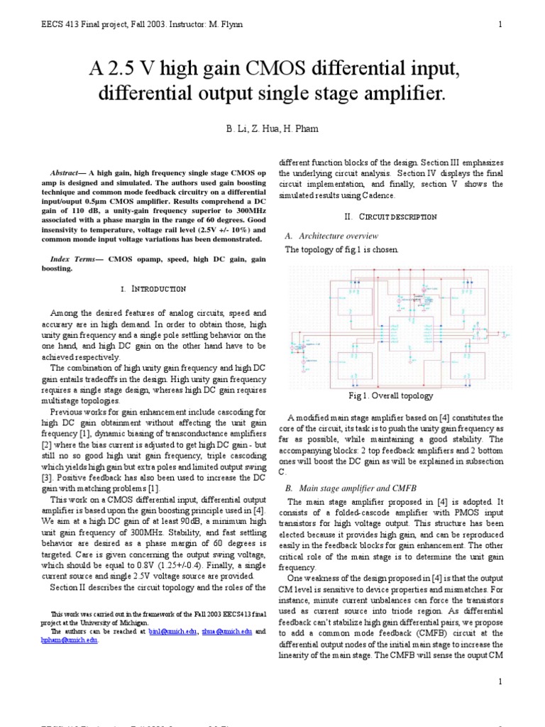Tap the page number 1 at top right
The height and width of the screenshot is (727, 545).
pyautogui.click(x=500, y=24)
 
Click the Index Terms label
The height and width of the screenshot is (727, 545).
pyautogui.click(x=74, y=260)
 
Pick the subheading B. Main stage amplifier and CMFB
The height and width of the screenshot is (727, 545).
pyautogui.click(x=351, y=489)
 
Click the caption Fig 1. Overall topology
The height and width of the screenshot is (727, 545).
pyautogui.click(x=390, y=395)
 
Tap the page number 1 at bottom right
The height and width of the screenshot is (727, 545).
pyautogui.click(x=500, y=682)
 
